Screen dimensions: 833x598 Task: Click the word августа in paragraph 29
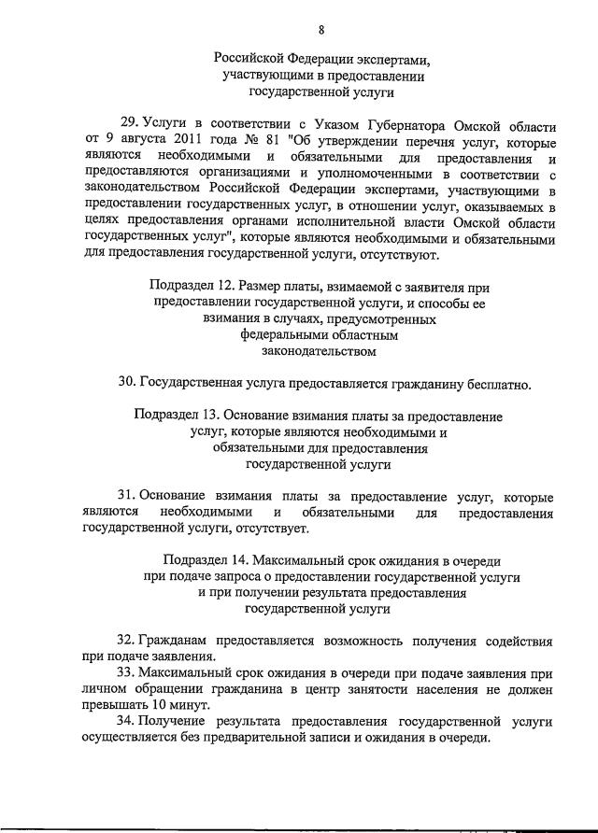(x=121, y=142)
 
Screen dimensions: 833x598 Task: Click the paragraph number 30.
(x=128, y=383)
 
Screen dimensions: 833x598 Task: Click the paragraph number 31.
(x=128, y=495)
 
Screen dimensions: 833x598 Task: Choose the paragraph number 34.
(x=128, y=722)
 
